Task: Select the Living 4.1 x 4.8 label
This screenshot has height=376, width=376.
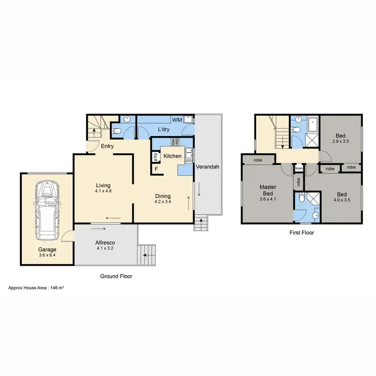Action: [x=103, y=188]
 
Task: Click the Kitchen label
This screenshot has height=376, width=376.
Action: [x=172, y=156]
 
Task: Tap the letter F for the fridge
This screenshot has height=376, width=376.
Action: [x=156, y=169]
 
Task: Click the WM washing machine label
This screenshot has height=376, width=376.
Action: [x=176, y=120]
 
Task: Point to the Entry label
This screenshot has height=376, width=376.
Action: [x=107, y=146]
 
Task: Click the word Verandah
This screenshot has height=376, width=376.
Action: [x=207, y=166]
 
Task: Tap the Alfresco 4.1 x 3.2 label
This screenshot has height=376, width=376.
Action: [x=105, y=245]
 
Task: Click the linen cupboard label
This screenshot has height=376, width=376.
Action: [x=298, y=168]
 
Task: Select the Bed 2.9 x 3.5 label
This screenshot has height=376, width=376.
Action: [x=340, y=138]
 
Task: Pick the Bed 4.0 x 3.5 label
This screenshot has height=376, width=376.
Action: [x=341, y=197]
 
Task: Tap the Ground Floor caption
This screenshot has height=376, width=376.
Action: [x=116, y=276]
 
